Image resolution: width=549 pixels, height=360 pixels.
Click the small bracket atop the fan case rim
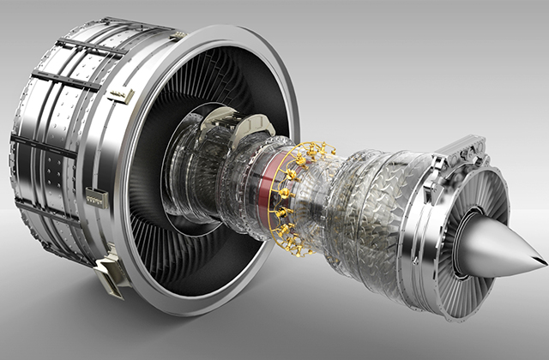pos(178,33)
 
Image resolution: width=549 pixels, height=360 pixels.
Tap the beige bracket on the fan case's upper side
pos(120,93)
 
